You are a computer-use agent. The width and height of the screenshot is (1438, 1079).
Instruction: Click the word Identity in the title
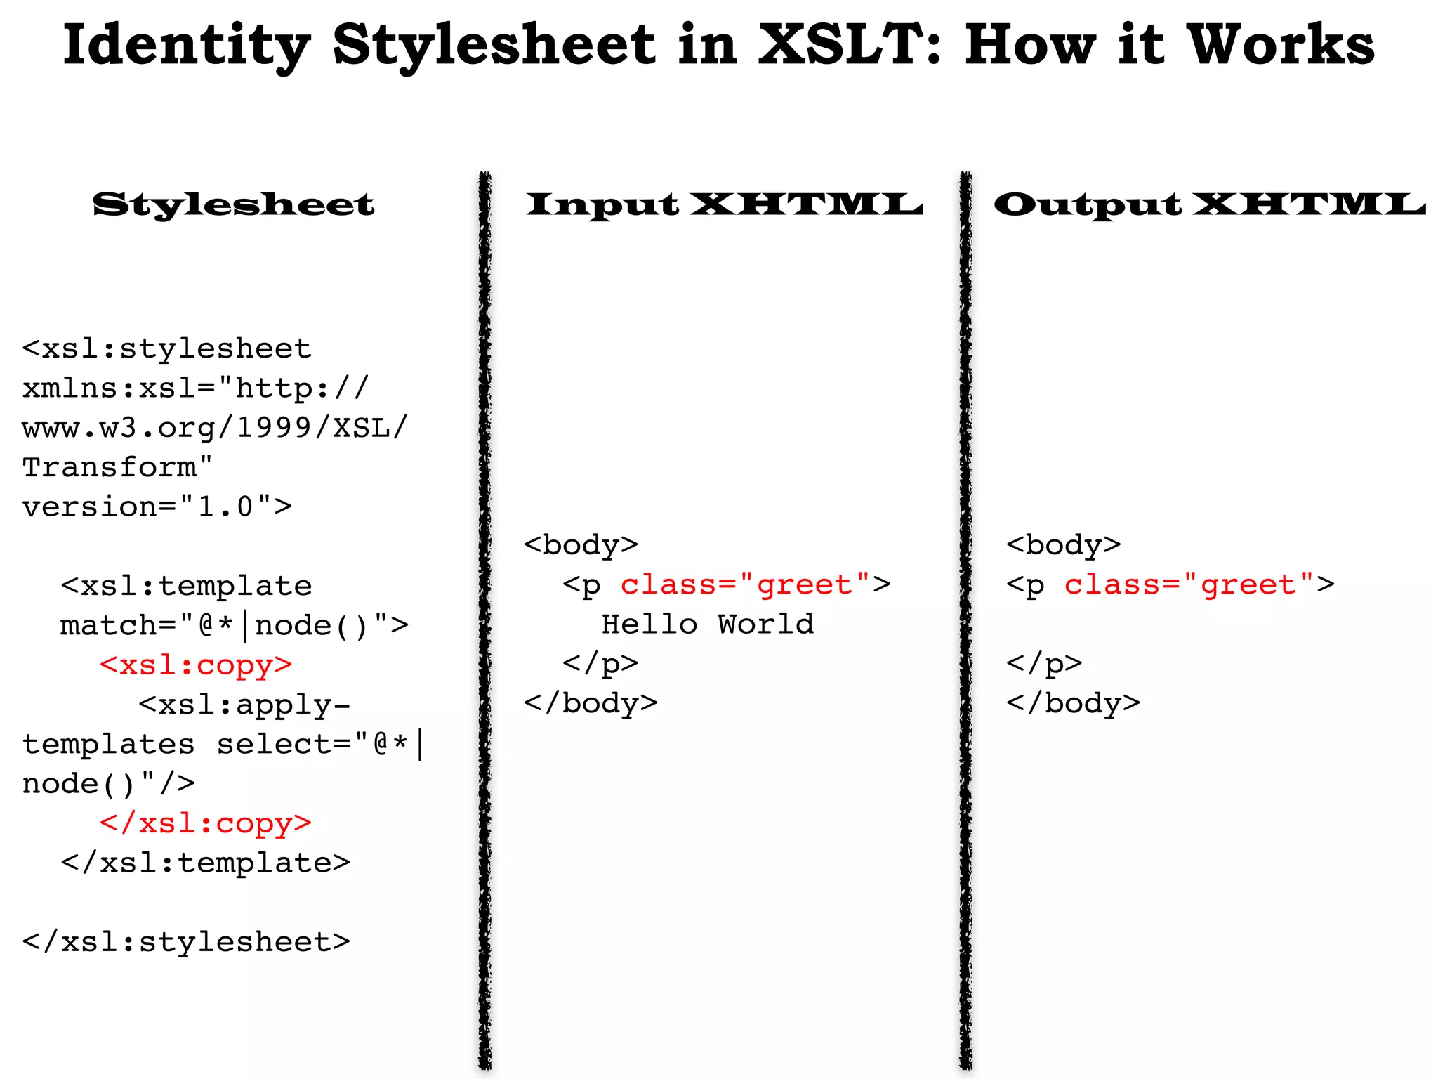click(186, 46)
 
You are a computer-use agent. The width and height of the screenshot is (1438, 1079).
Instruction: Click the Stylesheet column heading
click(234, 204)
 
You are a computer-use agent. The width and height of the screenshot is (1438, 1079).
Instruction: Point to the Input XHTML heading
click(725, 204)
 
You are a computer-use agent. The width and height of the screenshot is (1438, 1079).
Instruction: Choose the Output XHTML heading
click(1209, 204)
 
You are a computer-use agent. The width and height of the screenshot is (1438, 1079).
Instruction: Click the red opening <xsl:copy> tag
click(196, 665)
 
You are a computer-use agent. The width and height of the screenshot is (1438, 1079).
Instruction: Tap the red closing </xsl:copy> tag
click(205, 823)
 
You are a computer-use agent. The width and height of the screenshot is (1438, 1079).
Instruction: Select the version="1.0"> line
click(157, 506)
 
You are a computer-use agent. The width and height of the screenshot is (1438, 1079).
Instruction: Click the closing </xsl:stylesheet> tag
click(186, 941)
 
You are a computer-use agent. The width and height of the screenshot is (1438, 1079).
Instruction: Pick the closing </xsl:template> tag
click(205, 863)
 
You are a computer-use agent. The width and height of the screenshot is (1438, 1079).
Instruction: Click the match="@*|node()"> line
click(234, 625)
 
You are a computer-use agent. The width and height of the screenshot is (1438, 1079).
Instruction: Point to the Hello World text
click(707, 624)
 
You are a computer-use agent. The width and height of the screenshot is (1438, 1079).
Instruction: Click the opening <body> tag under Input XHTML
click(581, 545)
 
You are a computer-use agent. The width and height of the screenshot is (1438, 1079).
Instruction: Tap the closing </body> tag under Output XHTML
click(1073, 703)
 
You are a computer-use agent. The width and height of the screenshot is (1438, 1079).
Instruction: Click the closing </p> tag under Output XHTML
click(1043, 664)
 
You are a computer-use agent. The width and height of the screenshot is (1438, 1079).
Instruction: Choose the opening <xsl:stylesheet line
click(166, 348)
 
